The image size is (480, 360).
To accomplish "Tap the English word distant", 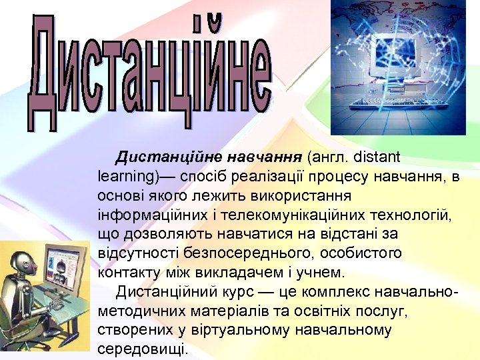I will pyautogui.click(x=376, y=158).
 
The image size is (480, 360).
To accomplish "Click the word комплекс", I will pyautogui.click(x=326, y=292).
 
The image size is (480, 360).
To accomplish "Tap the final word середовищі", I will pyautogui.click(x=143, y=349).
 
